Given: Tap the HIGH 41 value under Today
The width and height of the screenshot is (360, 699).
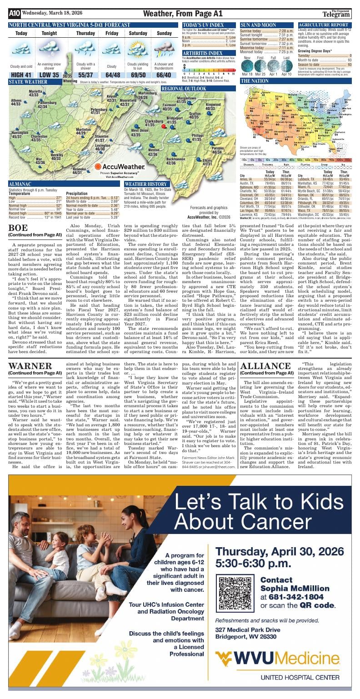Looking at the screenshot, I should (x=21, y=75).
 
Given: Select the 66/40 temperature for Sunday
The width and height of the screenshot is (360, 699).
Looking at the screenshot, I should (x=164, y=75).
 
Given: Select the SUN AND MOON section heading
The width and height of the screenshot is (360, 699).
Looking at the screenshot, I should (x=258, y=25).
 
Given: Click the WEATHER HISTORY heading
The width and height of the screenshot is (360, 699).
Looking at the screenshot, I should (x=145, y=184).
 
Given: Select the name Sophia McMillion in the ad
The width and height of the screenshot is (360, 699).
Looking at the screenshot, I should (x=295, y=589).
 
